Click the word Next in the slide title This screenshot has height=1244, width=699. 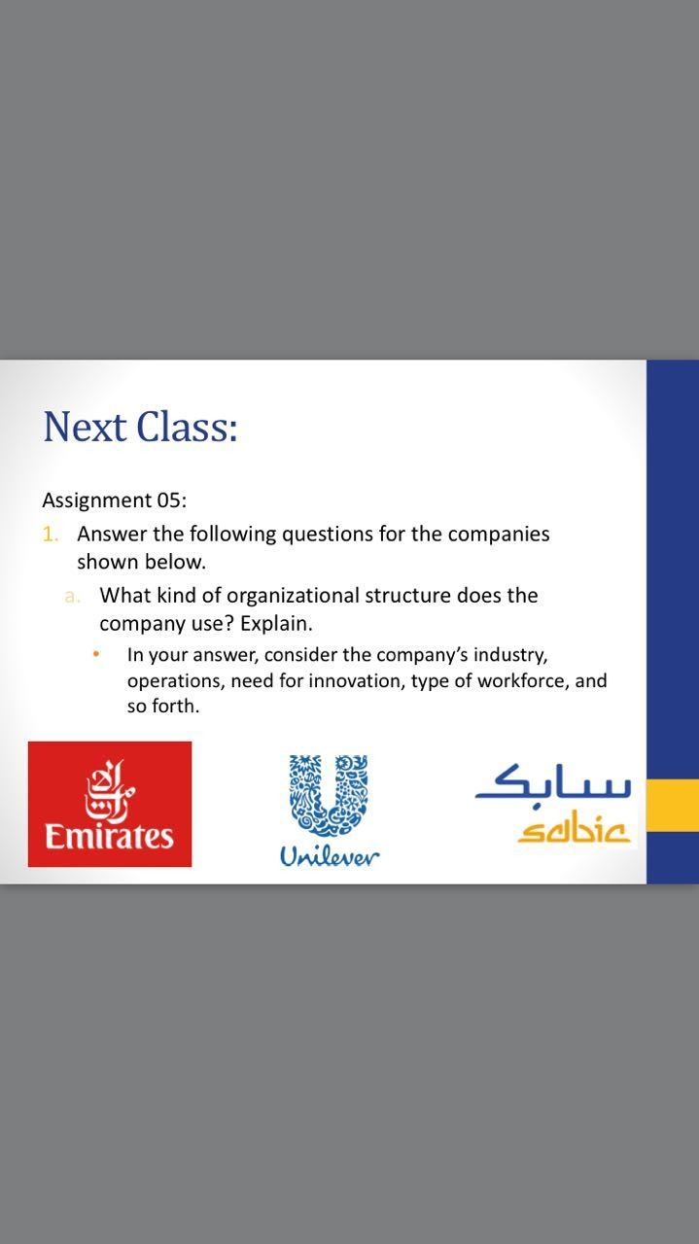coord(85,427)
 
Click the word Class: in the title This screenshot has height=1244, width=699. coord(188,427)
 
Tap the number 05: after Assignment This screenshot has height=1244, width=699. coord(172,501)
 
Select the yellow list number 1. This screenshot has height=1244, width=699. coord(50,535)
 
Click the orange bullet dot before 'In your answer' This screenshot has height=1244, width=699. coord(96,655)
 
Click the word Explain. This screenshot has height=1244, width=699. coord(276,624)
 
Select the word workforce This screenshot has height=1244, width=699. coord(522,681)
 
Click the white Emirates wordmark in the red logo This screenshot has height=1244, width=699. coord(110,837)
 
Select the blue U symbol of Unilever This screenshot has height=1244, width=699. coord(329,795)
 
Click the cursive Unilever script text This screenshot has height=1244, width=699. coord(330,857)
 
